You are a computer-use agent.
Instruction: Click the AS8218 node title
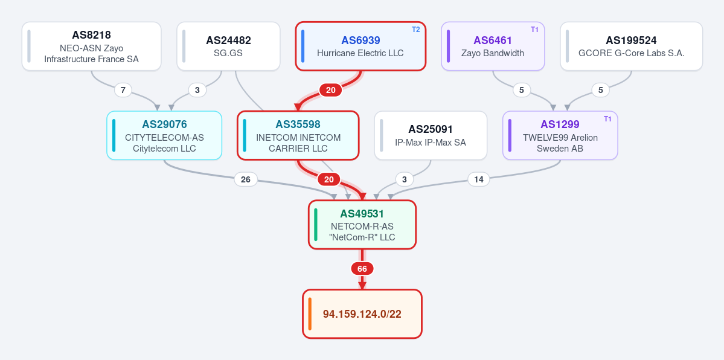point(91,35)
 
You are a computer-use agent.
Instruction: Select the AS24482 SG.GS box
point(229,47)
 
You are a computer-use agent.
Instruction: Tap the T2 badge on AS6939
point(416,30)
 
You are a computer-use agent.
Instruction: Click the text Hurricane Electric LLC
point(360,53)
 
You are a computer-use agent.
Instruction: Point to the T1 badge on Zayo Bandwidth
point(534,30)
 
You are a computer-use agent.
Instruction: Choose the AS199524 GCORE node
point(631,47)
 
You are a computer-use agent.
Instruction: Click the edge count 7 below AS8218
point(123,90)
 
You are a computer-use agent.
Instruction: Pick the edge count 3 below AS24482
point(197,90)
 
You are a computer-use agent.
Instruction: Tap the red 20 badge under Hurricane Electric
point(331,90)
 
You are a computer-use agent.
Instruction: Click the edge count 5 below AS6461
point(522,90)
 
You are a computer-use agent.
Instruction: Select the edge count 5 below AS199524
point(600,90)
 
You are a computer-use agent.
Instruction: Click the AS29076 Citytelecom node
point(164,135)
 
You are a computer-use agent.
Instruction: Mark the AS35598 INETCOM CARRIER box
point(298,135)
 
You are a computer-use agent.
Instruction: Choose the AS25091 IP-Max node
point(431,135)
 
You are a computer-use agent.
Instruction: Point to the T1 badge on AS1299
point(607,119)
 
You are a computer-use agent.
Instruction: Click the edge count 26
point(246,179)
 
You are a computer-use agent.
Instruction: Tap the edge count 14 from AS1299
point(479,179)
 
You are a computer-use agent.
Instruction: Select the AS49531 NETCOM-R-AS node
point(362,225)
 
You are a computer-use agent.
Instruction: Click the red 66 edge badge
point(362,269)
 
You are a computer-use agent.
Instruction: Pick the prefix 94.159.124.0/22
point(362,314)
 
